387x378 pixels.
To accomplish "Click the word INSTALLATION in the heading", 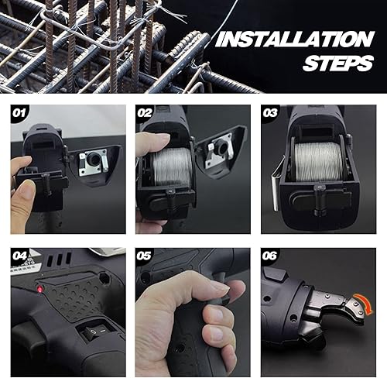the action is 295,40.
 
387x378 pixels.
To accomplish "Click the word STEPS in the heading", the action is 338,63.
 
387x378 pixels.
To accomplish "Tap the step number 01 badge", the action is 19,113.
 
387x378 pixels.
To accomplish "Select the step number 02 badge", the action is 144,113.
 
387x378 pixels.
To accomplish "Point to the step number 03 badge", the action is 270,113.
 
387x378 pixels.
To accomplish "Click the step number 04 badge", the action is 19,256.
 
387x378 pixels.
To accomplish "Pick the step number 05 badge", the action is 144,256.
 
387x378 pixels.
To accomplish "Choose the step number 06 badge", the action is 269,256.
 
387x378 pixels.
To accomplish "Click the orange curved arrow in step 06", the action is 365,302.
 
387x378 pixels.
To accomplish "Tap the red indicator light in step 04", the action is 39,289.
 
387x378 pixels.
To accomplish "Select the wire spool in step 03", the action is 318,162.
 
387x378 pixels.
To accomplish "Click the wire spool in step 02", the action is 172,167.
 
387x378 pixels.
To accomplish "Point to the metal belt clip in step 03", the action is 276,184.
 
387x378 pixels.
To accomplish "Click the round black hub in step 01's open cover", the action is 93,158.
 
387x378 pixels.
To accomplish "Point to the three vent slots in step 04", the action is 59,259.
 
